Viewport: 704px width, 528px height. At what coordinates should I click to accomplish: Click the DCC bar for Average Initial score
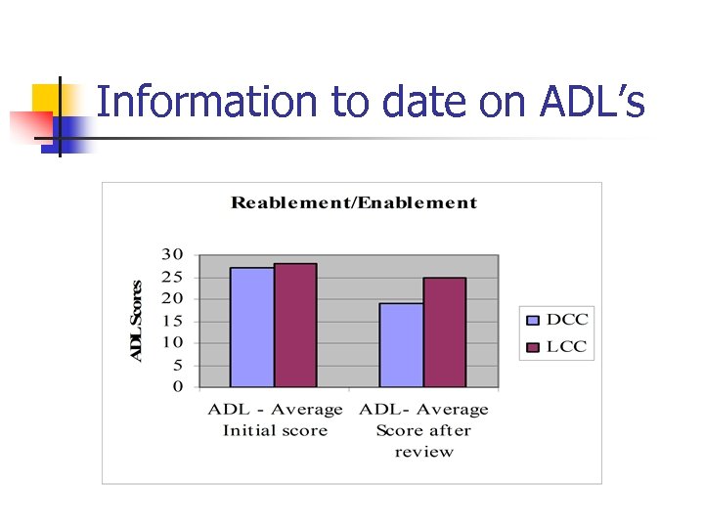tap(252, 327)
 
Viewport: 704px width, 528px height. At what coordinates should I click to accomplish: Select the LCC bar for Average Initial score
tap(295, 325)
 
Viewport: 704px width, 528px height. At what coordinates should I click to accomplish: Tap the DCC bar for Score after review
tap(401, 344)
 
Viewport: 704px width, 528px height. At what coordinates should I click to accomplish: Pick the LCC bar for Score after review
tap(444, 331)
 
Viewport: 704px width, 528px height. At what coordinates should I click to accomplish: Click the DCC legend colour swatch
tap(533, 320)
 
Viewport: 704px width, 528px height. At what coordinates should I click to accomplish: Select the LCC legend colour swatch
tap(533, 346)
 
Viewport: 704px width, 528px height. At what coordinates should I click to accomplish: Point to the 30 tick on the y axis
tap(172, 253)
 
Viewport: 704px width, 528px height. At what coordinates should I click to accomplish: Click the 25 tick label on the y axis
tap(172, 276)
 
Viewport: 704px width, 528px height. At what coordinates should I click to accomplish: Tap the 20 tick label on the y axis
tap(172, 298)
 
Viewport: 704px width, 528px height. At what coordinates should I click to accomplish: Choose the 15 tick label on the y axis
tap(172, 320)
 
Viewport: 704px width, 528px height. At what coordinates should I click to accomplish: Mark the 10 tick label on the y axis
tap(172, 342)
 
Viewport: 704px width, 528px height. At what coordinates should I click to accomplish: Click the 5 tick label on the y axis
tap(176, 365)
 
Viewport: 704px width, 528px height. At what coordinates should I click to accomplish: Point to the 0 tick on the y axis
tap(177, 387)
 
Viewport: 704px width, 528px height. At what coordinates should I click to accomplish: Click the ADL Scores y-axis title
tap(138, 321)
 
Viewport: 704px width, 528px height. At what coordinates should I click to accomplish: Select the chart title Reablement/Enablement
tap(354, 203)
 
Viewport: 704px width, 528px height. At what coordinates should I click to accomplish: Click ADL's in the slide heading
tap(593, 102)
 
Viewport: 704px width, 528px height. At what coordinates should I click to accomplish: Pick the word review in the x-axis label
tap(424, 452)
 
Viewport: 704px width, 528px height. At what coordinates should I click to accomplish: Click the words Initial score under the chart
tap(275, 430)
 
